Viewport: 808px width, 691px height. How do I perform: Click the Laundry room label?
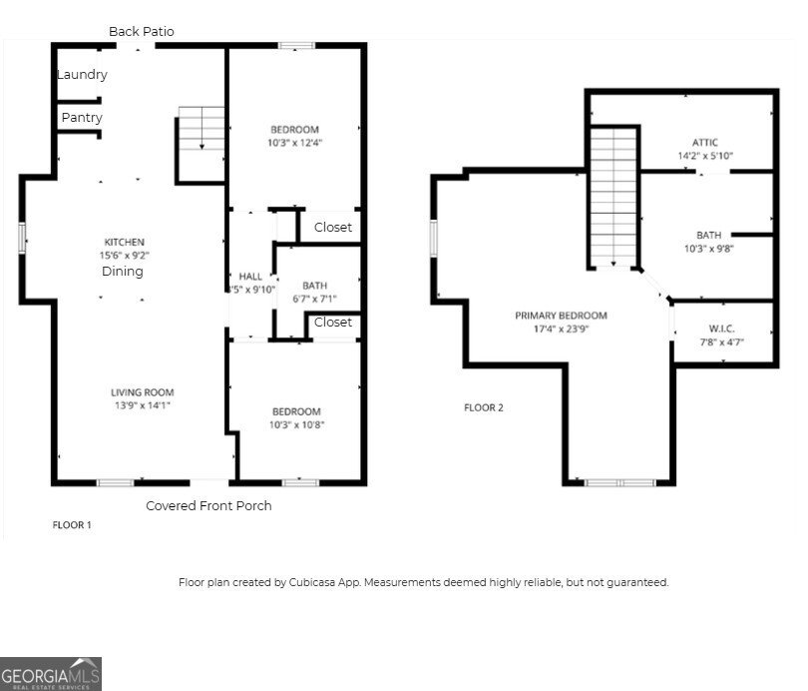[x=82, y=75]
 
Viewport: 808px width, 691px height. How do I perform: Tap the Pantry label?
[x=82, y=118]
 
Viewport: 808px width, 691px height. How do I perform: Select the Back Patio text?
[x=142, y=32]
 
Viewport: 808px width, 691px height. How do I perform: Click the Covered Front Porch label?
[x=208, y=505]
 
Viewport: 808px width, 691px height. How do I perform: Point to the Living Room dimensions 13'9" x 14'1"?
[x=142, y=406]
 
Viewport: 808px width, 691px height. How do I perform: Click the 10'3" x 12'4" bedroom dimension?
[x=294, y=143]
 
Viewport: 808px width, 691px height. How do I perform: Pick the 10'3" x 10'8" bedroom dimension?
[x=296, y=424]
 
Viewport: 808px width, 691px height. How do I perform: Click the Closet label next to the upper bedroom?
[x=333, y=228]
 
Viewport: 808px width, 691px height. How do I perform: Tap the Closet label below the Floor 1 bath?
[x=333, y=323]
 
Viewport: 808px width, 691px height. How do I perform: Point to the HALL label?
[x=249, y=277]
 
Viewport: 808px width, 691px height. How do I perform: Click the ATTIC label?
[x=705, y=143]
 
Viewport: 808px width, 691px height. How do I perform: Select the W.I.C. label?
[x=721, y=328]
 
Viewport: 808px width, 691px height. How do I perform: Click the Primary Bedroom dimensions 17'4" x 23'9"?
[x=561, y=329]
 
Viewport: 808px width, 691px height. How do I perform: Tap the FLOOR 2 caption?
[x=484, y=407]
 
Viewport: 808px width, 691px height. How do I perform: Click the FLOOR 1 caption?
[x=72, y=524]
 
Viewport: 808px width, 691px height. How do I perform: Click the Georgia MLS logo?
[x=51, y=673]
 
